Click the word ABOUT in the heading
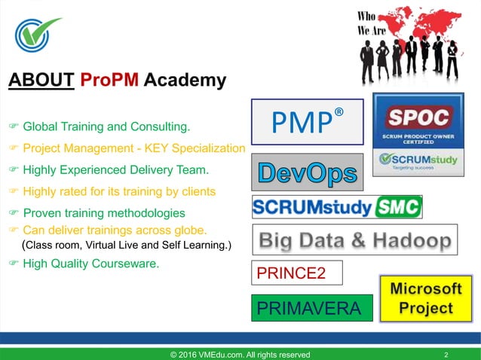(41, 80)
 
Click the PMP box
(308, 121)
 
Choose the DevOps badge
(306, 172)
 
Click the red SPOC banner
(418, 116)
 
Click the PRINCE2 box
(297, 273)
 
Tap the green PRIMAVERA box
(312, 307)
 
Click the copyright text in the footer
(239, 355)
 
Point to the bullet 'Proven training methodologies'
(104, 213)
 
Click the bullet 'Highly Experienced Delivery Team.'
(115, 169)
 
